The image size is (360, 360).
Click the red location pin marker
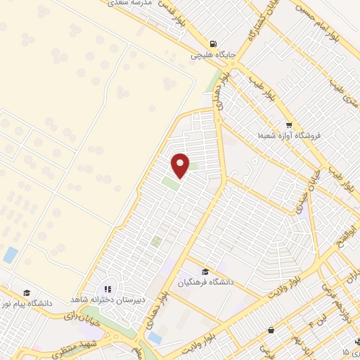pyautogui.click(x=181, y=165)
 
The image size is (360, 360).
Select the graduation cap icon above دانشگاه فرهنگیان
pyautogui.click(x=205, y=272)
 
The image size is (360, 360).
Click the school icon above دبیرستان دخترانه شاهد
pyautogui.click(x=108, y=288)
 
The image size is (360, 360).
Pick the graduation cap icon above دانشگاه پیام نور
pyautogui.click(x=26, y=292)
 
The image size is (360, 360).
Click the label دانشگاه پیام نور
pyautogui.click(x=26, y=304)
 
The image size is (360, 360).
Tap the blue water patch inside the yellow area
pyautogui.click(x=11, y=255)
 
